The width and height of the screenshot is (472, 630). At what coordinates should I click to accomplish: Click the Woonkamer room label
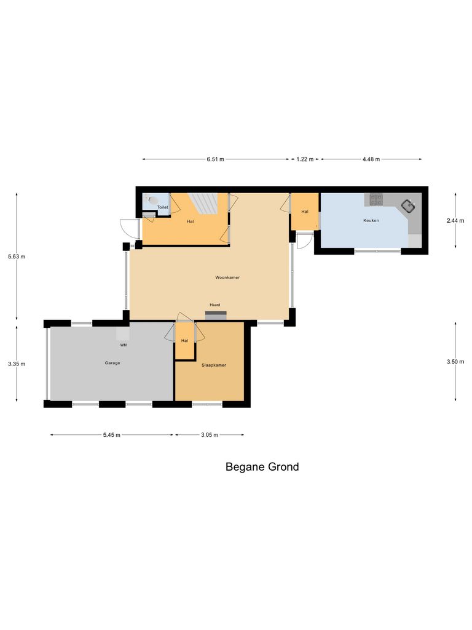pyautogui.click(x=227, y=277)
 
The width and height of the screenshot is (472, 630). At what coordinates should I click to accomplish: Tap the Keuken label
pyautogui.click(x=371, y=220)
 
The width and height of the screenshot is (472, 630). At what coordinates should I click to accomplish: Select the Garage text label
pyautogui.click(x=112, y=363)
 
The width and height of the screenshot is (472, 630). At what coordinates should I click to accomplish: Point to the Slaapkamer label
pyautogui.click(x=214, y=365)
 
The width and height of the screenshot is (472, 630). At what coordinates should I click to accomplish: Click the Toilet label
pyautogui.click(x=162, y=207)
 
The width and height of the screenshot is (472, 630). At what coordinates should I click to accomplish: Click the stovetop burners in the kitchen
pyautogui.click(x=375, y=199)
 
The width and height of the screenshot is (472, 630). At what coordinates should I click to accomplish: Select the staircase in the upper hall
pyautogui.click(x=203, y=202)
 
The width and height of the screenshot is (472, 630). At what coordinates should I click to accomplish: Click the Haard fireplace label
pyautogui.click(x=214, y=305)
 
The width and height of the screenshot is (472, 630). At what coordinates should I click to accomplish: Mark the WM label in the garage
pyautogui.click(x=124, y=345)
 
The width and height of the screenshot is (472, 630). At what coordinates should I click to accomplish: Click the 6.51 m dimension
pyautogui.click(x=216, y=159)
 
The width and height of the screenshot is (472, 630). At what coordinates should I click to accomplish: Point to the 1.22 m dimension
pyautogui.click(x=305, y=159)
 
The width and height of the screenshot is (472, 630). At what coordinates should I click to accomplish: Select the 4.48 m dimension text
pyautogui.click(x=371, y=159)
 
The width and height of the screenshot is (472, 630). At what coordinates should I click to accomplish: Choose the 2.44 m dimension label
pyautogui.click(x=455, y=220)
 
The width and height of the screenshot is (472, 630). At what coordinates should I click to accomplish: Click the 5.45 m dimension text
pyautogui.click(x=112, y=435)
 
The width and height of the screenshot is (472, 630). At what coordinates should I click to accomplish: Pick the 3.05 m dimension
pyautogui.click(x=210, y=435)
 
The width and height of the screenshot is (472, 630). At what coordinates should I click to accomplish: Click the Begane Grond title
pyautogui.click(x=262, y=467)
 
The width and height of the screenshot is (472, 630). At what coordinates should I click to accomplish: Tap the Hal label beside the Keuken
pyautogui.click(x=304, y=212)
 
